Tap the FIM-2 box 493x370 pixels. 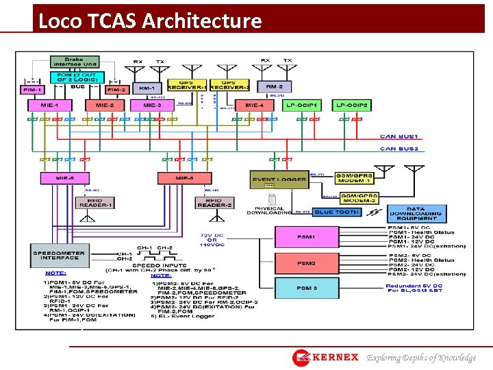[116, 89]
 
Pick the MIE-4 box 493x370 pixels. [254, 106]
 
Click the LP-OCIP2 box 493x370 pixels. [352, 106]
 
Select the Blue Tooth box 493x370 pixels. [337, 212]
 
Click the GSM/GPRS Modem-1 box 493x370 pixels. [354, 177]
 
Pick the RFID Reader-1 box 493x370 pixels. [95, 203]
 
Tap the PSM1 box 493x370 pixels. [306, 237]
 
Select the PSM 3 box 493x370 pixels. [306, 288]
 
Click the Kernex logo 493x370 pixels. [325, 357]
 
